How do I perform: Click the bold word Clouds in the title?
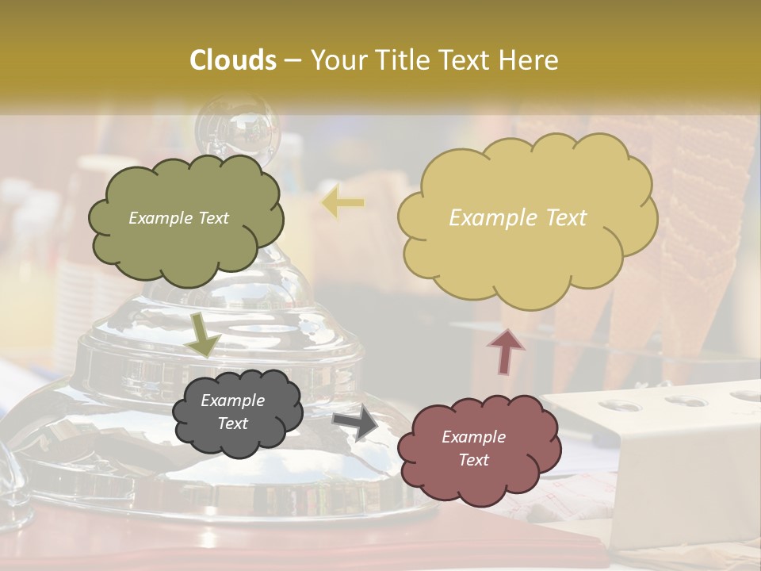pos(233,60)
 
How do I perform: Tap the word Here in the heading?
pos(530,60)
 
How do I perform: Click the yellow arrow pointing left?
pos(343,203)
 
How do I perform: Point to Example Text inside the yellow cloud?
pos(518,218)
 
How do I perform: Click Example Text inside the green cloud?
pos(178,218)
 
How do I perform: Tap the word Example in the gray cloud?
pos(232,400)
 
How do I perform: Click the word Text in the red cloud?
pos(473,460)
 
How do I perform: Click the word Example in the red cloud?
pos(473,437)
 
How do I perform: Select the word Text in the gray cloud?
pos(232,423)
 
